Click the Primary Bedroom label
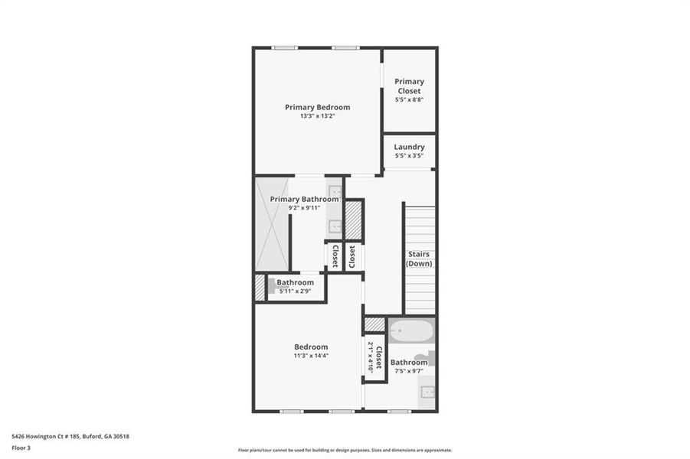coord(317,107)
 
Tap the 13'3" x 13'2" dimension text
coord(317,116)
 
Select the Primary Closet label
coord(409,86)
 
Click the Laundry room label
coord(409,147)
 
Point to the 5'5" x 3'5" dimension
coord(409,155)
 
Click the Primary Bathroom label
coord(304,199)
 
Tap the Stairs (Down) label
coord(419,259)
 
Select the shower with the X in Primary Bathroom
coord(272,223)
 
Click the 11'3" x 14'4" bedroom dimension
coord(310,356)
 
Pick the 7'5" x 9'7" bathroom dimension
coord(409,371)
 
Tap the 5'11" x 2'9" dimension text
coord(295,291)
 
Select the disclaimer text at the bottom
coord(345,450)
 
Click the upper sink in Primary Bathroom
coord(335,190)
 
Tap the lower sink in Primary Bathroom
coord(335,226)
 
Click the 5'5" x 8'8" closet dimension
coord(409,99)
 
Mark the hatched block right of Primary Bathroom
coord(352,221)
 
